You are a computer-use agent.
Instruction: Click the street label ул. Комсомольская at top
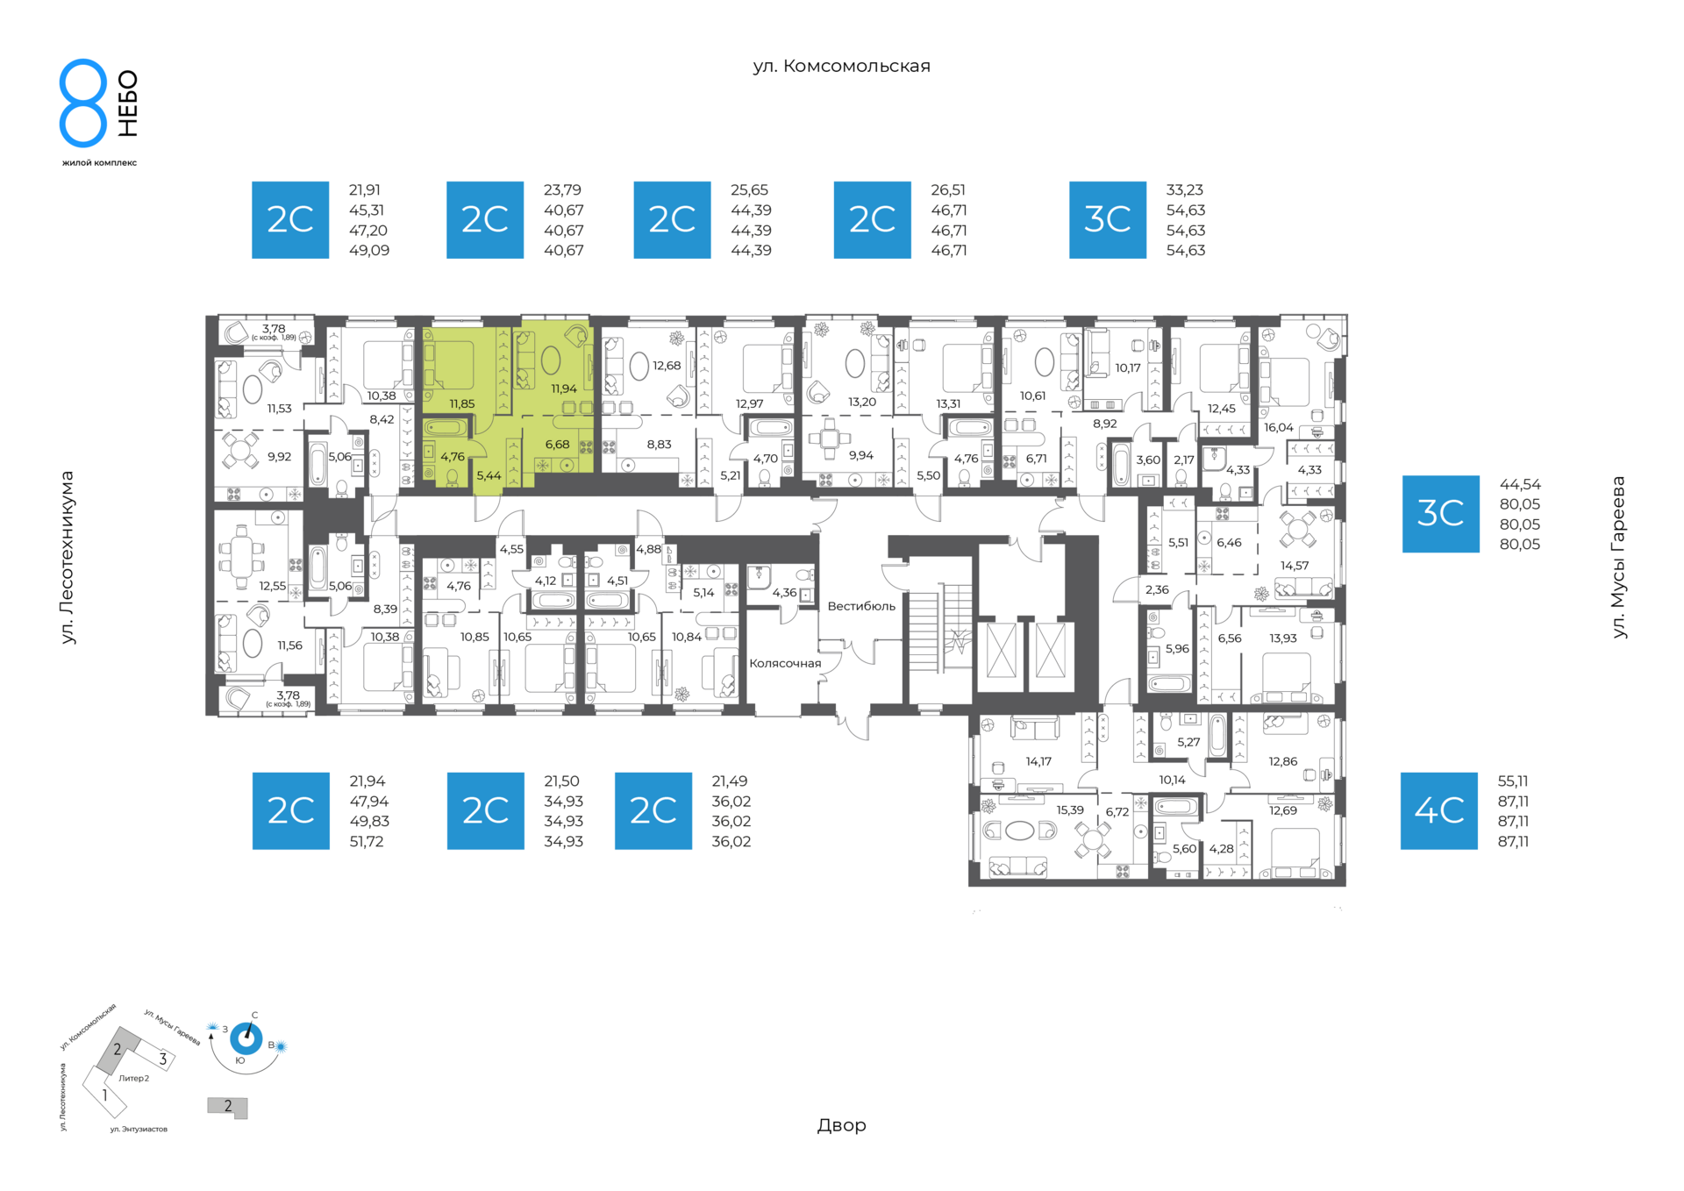coord(841,66)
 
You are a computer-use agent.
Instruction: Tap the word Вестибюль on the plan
coord(861,606)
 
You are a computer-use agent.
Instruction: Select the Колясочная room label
coord(785,663)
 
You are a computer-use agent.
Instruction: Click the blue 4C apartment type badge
coord(1438,810)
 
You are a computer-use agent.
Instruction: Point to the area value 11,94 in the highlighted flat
coord(564,389)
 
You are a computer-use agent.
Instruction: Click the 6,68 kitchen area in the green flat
coord(557,445)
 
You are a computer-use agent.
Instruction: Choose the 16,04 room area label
coord(1279,427)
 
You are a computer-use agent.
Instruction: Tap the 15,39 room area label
coord(1070,810)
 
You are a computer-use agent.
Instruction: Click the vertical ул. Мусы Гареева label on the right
coord(1618,557)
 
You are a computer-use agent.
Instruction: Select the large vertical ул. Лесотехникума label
coord(68,558)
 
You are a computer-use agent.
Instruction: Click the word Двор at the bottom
coord(841,1125)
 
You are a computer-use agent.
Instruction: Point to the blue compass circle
coord(246,1039)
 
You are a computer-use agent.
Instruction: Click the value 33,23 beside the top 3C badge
coord(1184,189)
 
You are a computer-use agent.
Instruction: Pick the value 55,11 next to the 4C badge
coord(1513,781)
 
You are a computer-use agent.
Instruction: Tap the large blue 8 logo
coord(83,103)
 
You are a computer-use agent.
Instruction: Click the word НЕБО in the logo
coord(128,103)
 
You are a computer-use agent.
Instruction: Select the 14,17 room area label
coord(1038,761)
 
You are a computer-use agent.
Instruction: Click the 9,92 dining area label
coord(279,456)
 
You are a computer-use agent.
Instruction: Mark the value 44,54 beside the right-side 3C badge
coord(1520,484)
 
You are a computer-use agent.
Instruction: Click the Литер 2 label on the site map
coord(134,1078)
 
